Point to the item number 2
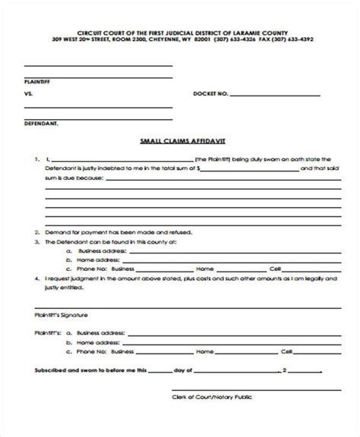coord(36,232)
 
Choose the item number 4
coord(36,279)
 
